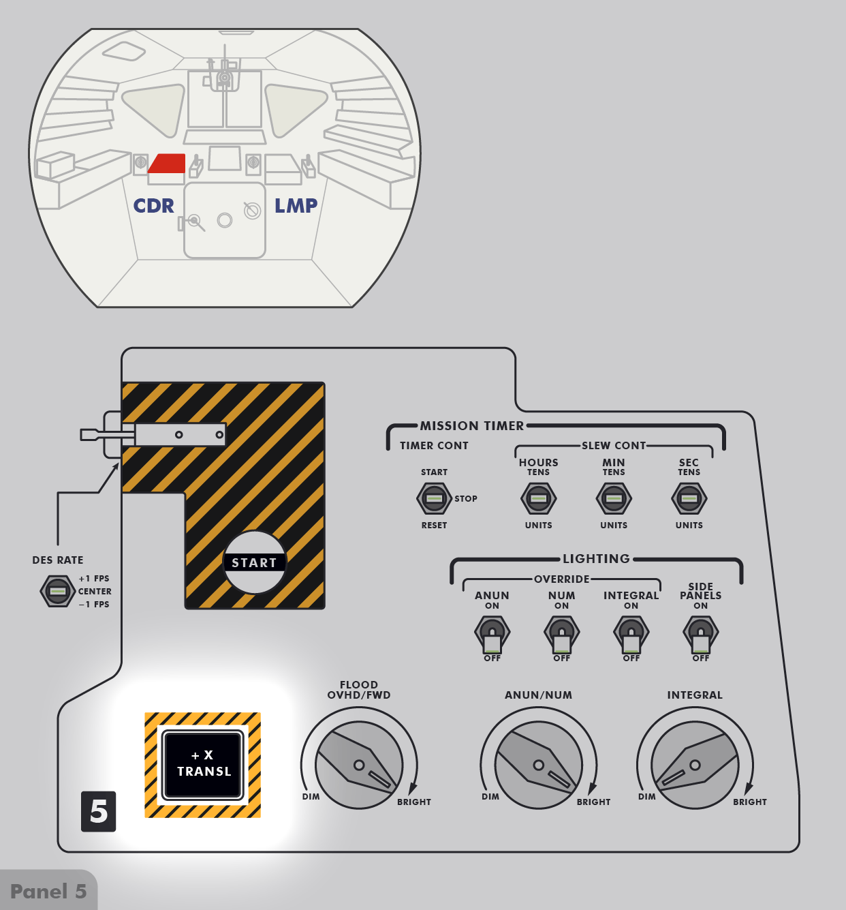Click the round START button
click(255, 562)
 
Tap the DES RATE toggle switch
click(58, 590)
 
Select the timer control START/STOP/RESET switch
click(434, 498)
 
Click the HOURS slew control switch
click(538, 498)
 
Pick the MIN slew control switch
click(614, 498)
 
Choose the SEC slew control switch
click(689, 498)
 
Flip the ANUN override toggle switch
click(492, 635)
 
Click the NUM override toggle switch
click(561, 635)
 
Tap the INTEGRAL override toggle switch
click(631, 635)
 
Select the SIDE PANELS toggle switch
click(701, 635)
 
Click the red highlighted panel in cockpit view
click(168, 164)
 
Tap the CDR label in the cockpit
click(153, 206)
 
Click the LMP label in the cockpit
click(296, 206)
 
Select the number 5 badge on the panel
click(99, 811)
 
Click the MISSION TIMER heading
click(472, 426)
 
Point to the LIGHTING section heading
click(596, 559)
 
